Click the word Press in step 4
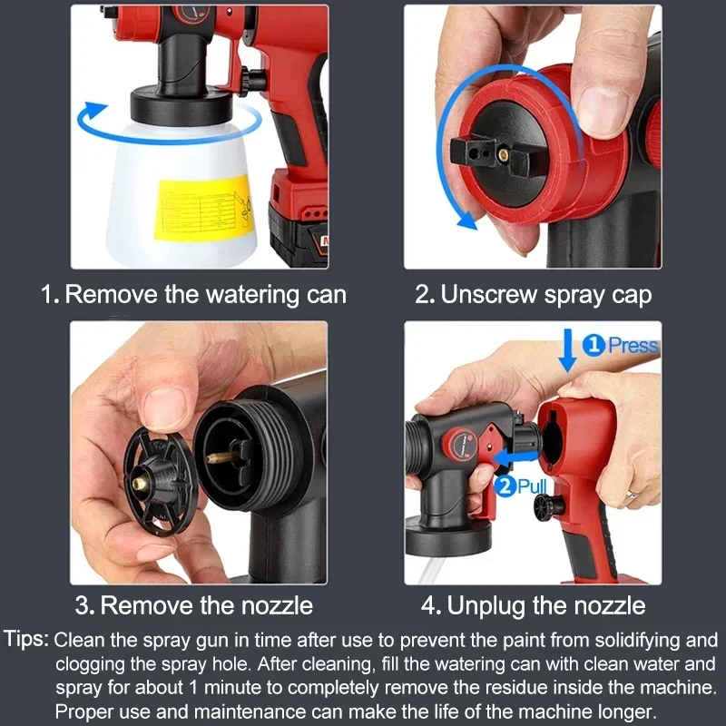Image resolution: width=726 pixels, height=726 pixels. (633, 345)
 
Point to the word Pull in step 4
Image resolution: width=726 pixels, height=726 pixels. (535, 486)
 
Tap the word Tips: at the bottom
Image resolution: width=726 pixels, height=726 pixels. (28, 639)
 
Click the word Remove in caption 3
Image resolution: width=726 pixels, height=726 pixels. (142, 605)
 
